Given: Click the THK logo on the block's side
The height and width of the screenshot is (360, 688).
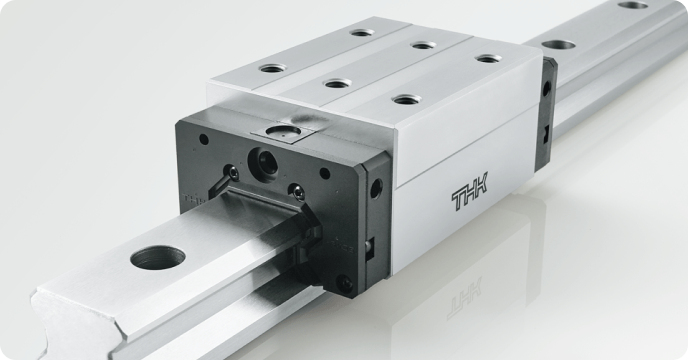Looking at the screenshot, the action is [469, 191].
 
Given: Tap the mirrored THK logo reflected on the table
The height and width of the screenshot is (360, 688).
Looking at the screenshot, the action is [464, 298].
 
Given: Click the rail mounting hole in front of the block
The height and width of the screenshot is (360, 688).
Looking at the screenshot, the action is [158, 257].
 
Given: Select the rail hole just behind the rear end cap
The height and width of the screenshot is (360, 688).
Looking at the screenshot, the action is [558, 45].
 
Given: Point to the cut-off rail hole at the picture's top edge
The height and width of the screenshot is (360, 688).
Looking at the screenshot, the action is [633, 5].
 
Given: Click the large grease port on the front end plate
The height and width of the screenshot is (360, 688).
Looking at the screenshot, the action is [262, 162].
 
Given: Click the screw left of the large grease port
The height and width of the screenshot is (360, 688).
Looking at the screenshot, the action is [231, 173].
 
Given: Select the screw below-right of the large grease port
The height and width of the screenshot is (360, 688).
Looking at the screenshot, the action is [298, 192].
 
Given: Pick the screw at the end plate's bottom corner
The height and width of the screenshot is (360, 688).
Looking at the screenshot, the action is [344, 283].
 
